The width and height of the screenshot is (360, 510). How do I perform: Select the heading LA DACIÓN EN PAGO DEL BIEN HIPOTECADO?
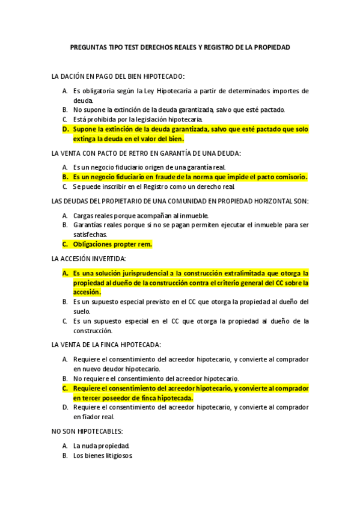click(x=118, y=76)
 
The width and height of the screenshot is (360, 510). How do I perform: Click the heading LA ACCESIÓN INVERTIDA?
click(x=89, y=258)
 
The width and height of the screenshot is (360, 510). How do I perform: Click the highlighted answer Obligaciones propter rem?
click(x=112, y=244)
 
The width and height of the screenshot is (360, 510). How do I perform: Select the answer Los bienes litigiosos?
click(x=103, y=456)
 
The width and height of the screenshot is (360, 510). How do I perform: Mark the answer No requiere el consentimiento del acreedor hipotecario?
click(x=156, y=378)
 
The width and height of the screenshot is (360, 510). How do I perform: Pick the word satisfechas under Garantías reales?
click(x=91, y=235)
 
